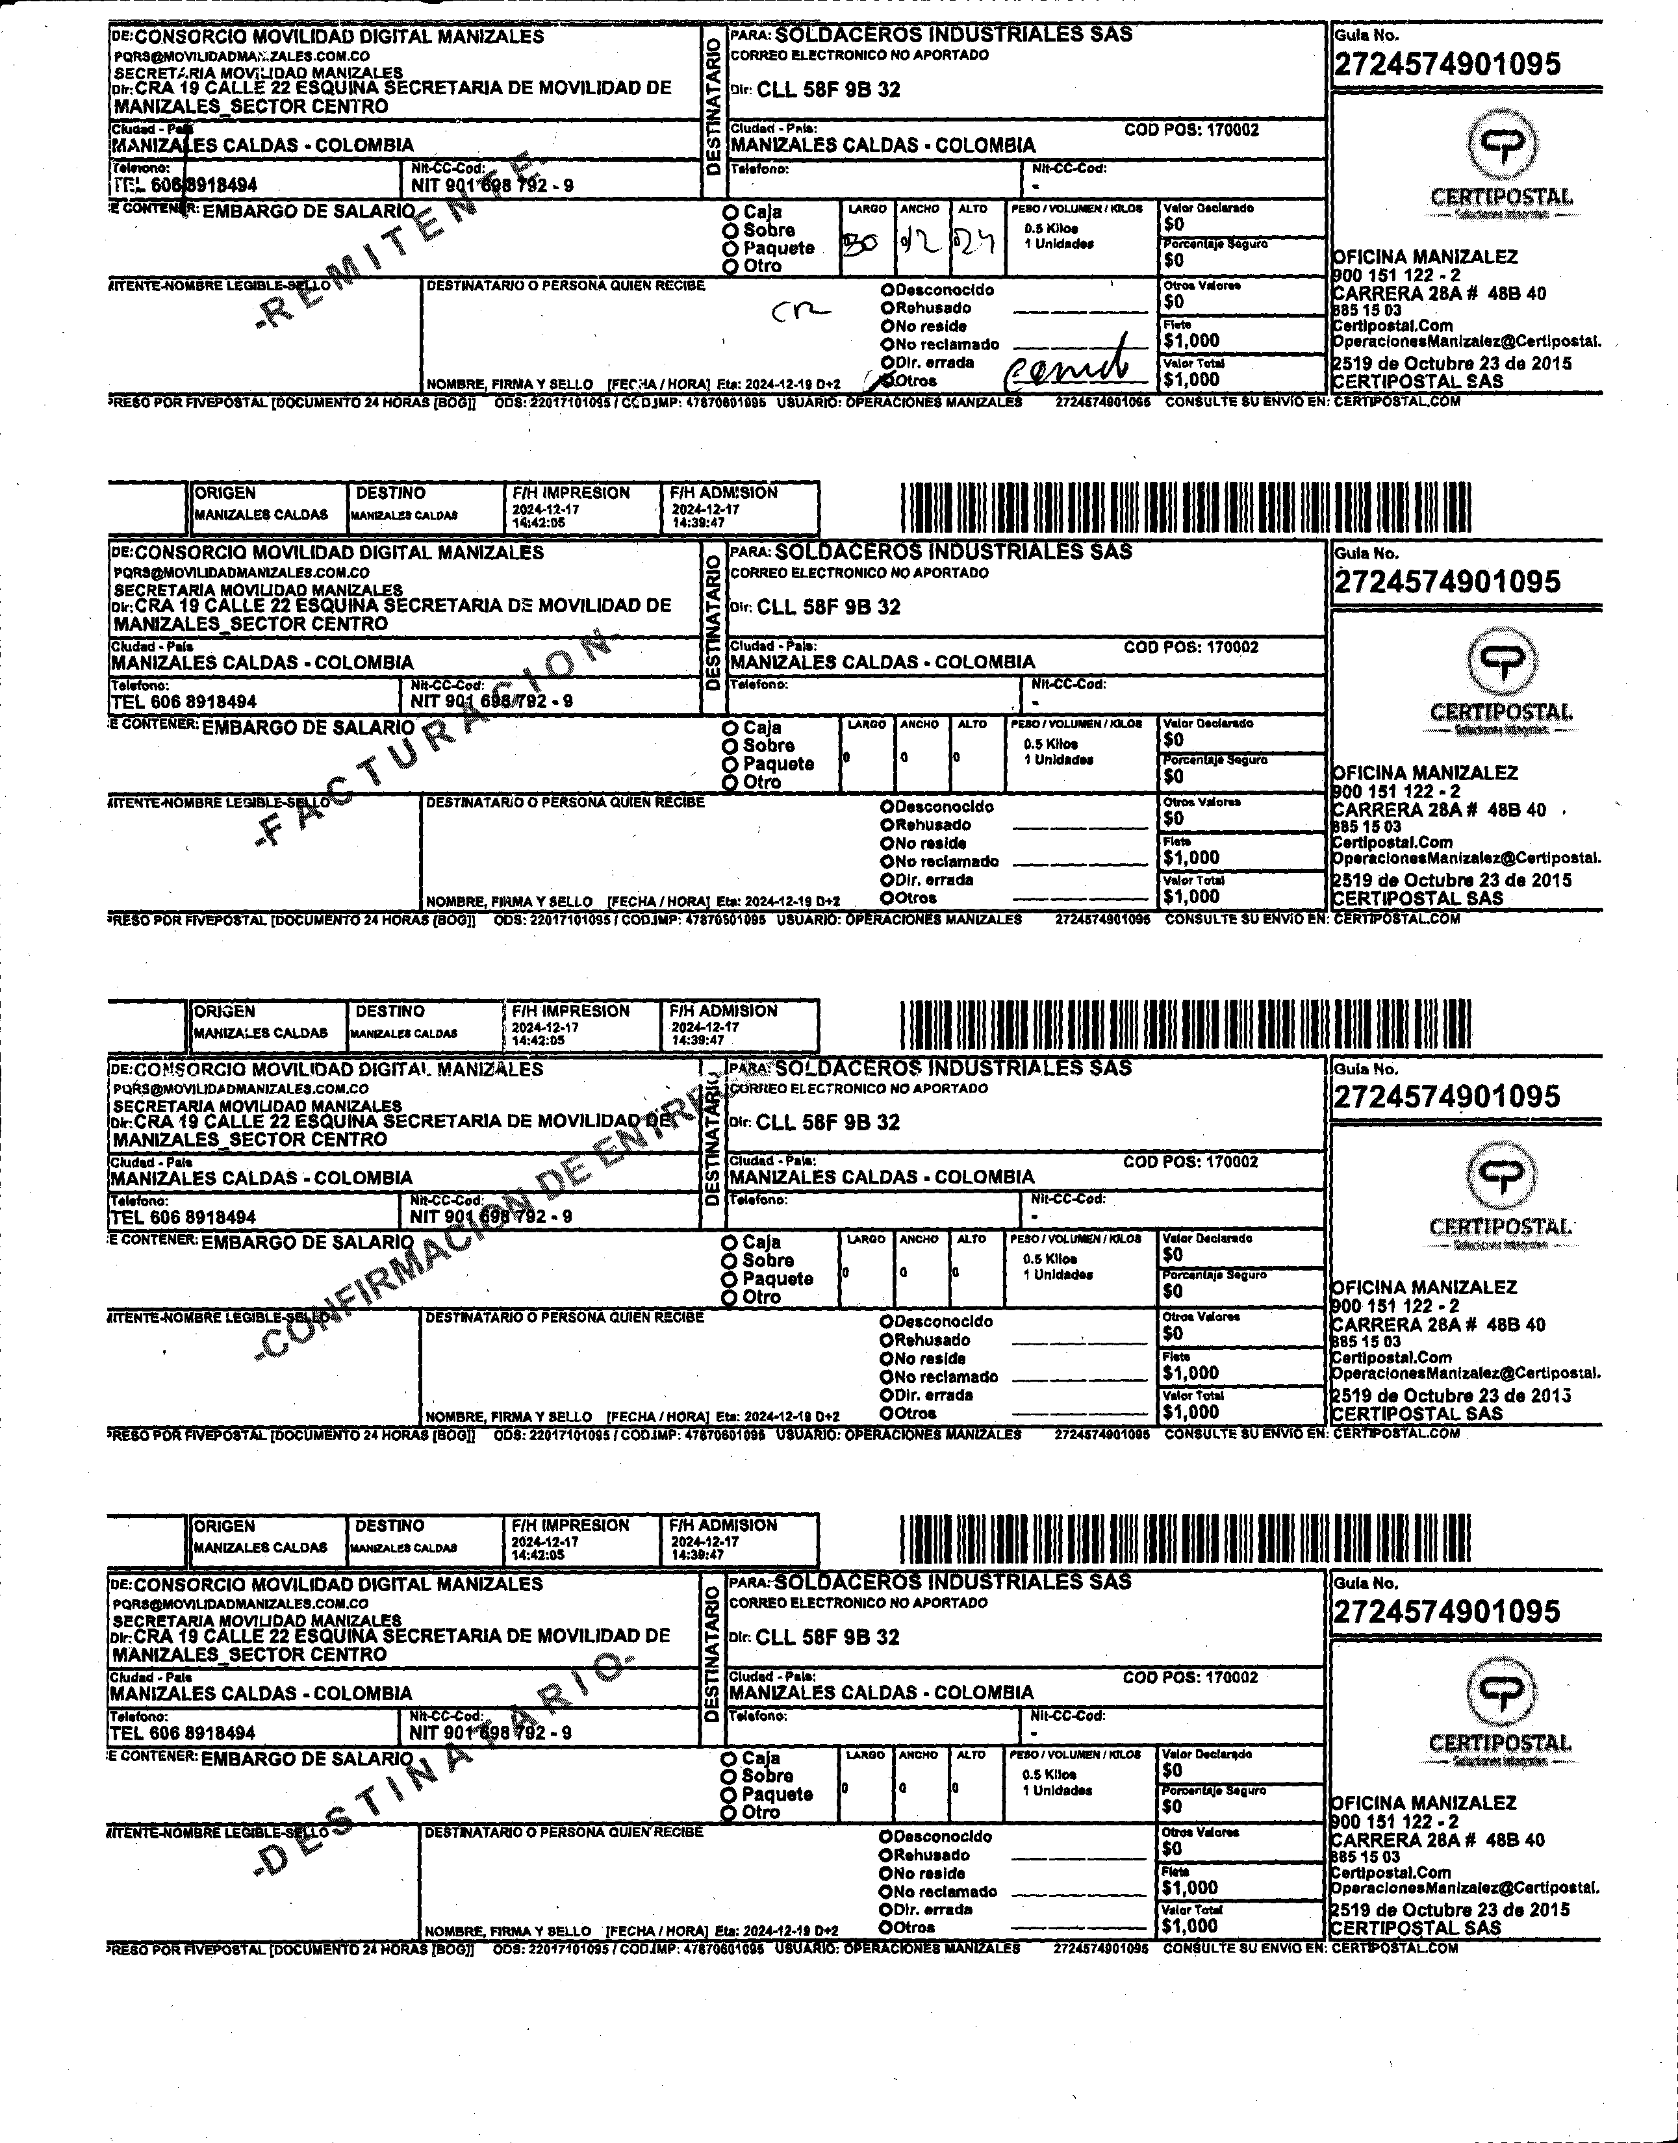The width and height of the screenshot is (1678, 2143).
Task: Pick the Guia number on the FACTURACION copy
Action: pyautogui.click(x=1446, y=581)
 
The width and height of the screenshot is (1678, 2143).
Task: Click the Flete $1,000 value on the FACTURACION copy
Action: pyautogui.click(x=1191, y=857)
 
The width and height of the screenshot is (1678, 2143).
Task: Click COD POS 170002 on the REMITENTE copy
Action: pyautogui.click(x=1191, y=130)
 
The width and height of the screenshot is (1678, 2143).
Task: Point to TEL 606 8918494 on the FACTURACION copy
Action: pyautogui.click(x=184, y=702)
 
